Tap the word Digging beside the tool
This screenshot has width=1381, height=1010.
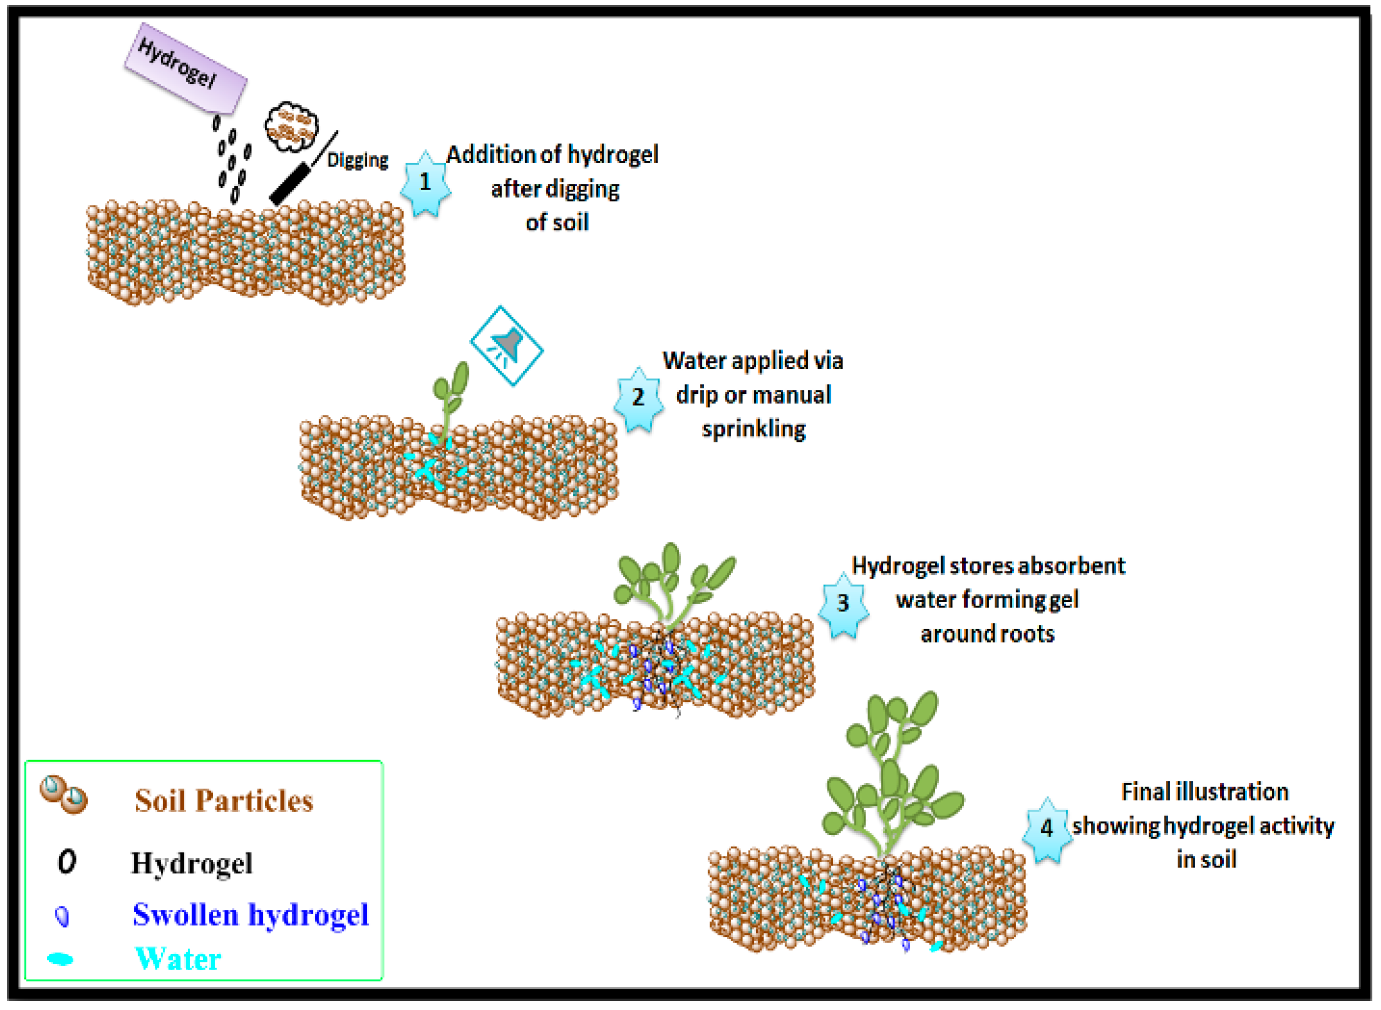point(358,160)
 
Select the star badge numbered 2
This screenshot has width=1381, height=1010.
point(638,399)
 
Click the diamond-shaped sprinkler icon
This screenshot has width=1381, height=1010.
point(506,346)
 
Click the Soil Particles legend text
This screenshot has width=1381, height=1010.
point(224,801)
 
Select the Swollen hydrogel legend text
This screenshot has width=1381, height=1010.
point(251,915)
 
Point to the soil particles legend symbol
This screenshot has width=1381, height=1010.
point(64,795)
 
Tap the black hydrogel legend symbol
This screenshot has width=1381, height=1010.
point(66,862)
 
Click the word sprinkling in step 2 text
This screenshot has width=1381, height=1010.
point(753,430)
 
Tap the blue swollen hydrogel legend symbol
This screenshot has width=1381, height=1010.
point(62,915)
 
